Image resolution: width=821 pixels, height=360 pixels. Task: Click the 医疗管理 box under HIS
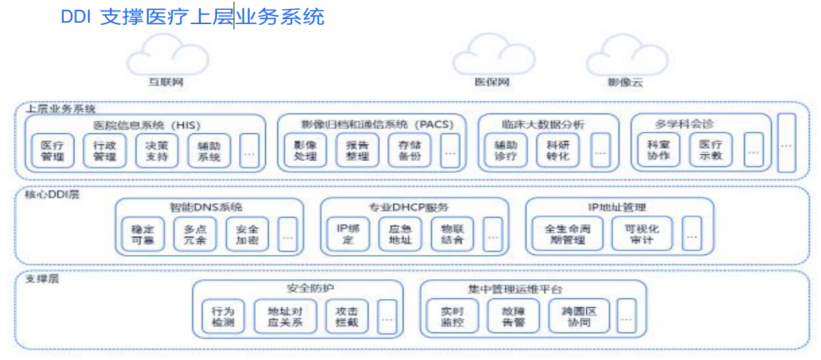coord(52,150)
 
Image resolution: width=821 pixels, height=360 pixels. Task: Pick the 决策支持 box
coord(157,150)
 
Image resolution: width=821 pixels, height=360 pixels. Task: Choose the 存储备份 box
coord(409,150)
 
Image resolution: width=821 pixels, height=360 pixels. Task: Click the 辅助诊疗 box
coord(506,150)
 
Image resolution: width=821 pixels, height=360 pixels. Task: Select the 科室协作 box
coord(658,150)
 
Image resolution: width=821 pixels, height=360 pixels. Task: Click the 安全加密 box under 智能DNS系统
coord(247,234)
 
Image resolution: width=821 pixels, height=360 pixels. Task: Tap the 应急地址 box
coord(400,234)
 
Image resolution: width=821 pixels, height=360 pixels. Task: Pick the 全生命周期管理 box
coord(567,234)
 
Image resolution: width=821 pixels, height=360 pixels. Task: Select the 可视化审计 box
coord(642,234)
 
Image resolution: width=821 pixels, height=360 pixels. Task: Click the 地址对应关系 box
coord(285,316)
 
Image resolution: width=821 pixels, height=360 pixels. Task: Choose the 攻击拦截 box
coord(347,316)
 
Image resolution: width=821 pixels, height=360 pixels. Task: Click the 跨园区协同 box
coord(579,316)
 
